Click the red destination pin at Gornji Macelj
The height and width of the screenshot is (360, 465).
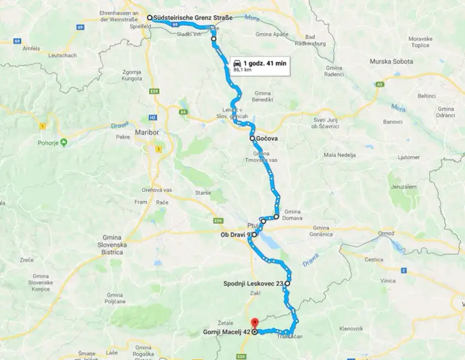pyautogui.click(x=254, y=323)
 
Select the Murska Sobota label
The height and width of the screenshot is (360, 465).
pyautogui.click(x=391, y=61)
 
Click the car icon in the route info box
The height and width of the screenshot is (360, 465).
pyautogui.click(x=238, y=63)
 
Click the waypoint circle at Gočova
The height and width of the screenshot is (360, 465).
pyautogui.click(x=253, y=138)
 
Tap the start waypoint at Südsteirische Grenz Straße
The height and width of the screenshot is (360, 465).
pyautogui.click(x=150, y=17)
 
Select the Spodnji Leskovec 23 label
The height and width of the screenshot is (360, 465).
pyautogui.click(x=253, y=284)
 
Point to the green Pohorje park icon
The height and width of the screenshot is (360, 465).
pyautogui.click(x=63, y=142)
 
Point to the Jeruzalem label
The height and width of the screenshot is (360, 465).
pyautogui.click(x=404, y=186)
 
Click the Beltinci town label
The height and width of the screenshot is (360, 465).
pyautogui.click(x=411, y=96)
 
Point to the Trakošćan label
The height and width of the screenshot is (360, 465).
pyautogui.click(x=290, y=336)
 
